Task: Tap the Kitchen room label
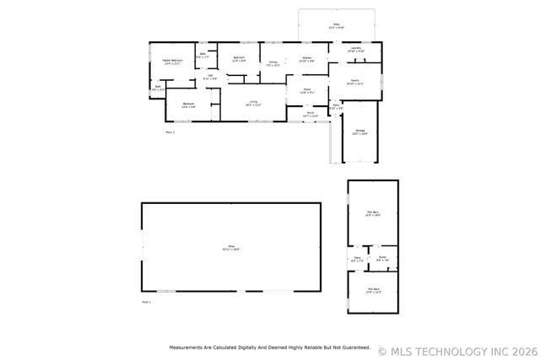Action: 308,60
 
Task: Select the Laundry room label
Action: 356,49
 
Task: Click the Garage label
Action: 359,132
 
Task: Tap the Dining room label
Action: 273,62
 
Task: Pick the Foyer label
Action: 308,90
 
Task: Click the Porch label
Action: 310,114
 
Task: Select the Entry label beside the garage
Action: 336,107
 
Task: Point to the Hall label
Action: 210,78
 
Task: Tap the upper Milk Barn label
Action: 373,214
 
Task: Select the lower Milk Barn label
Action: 373,291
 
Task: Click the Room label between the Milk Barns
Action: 382,259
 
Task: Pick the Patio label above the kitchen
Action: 335,26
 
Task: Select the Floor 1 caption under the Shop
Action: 146,301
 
